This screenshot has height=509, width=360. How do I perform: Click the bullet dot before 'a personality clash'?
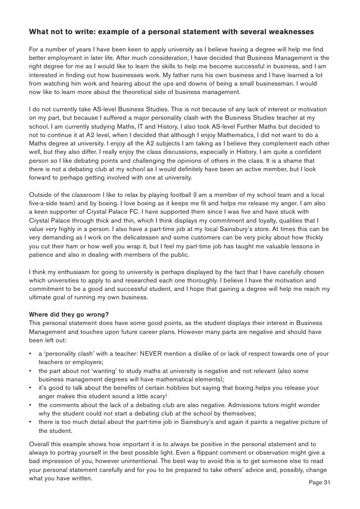click(x=31, y=354)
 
